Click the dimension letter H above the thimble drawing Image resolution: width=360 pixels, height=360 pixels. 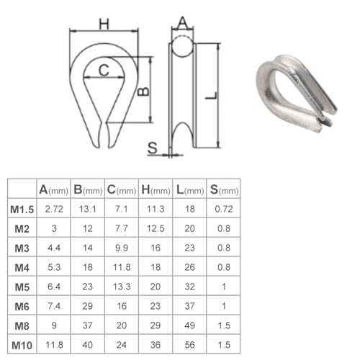104,23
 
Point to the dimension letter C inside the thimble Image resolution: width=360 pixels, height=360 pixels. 104,70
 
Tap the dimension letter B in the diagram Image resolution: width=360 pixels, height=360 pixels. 143,91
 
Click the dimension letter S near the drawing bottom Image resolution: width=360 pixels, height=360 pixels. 152,148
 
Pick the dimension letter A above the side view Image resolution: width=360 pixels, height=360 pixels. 183,24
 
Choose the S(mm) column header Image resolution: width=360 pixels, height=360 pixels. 223,189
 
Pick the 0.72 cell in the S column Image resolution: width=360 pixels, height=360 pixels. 223,210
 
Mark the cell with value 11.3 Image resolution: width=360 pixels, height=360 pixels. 156,210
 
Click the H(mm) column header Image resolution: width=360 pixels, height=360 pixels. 156,189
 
